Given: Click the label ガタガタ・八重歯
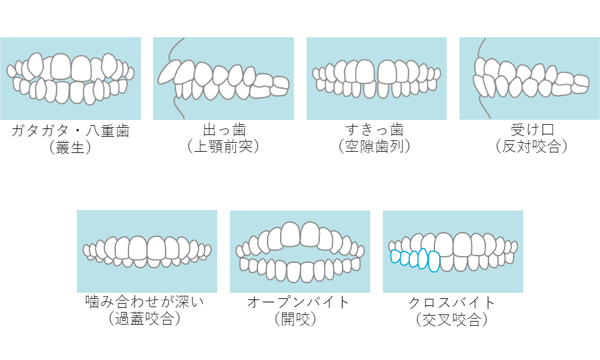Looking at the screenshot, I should (x=70, y=130).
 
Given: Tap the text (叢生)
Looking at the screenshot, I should (x=70, y=147).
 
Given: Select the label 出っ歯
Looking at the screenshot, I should (x=224, y=130).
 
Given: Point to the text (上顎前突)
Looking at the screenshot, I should (x=224, y=147).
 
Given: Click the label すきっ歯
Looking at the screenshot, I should (x=376, y=130).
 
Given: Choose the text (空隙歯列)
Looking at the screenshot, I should (x=376, y=147).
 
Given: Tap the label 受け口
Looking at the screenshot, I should (x=530, y=130).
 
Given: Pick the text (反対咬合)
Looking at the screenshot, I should (x=530, y=147).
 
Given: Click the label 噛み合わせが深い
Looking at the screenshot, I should (x=146, y=302).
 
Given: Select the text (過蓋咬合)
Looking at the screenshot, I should (x=146, y=319).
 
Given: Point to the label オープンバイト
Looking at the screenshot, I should (x=298, y=302).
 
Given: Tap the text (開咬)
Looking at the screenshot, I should (x=298, y=319).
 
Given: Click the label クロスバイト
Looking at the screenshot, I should (x=452, y=302).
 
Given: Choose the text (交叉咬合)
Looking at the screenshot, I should (x=452, y=319).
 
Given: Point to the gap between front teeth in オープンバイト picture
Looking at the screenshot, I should (x=300, y=253).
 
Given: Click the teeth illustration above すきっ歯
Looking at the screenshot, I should (x=376, y=78).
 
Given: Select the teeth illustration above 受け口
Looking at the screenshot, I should (x=529, y=78).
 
